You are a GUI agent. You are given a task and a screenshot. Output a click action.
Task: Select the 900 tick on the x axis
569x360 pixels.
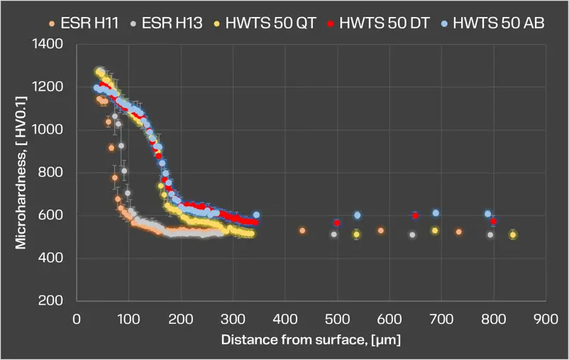(x=545, y=320)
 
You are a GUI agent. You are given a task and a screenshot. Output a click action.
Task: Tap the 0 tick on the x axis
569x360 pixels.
(x=77, y=320)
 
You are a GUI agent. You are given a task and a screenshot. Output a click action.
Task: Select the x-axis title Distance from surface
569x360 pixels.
(x=311, y=341)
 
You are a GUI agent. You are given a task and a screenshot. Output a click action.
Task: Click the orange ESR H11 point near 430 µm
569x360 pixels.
(x=302, y=231)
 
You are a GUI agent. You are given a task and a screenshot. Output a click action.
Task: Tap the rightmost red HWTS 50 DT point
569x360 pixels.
(x=493, y=222)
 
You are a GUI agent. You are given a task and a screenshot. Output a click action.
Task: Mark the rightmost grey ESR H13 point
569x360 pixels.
(x=490, y=234)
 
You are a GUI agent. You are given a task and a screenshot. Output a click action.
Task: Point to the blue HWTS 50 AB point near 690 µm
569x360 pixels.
(x=436, y=213)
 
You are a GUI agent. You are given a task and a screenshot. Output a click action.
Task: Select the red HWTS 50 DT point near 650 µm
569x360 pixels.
(x=415, y=216)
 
